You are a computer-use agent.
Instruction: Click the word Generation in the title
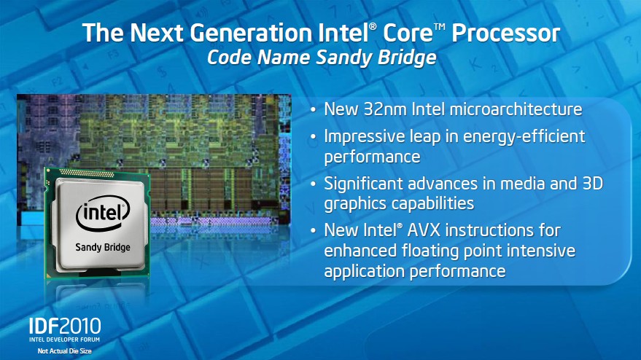pyautogui.click(x=251, y=33)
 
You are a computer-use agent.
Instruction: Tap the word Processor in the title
pyautogui.click(x=505, y=33)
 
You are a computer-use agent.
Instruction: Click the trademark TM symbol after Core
pyautogui.click(x=440, y=26)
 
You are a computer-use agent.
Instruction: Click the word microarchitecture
pyautogui.click(x=516, y=109)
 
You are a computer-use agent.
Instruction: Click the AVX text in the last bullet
pyautogui.click(x=424, y=230)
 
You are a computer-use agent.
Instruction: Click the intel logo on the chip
pyautogui.click(x=103, y=213)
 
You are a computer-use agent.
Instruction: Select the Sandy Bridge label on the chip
pyautogui.click(x=103, y=247)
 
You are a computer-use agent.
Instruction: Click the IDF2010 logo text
pyautogui.click(x=65, y=326)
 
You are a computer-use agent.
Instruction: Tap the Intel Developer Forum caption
pyautogui.click(x=65, y=340)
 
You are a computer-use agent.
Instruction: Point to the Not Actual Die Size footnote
pyautogui.click(x=65, y=351)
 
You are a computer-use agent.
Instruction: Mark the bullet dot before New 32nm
pyautogui.click(x=313, y=110)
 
